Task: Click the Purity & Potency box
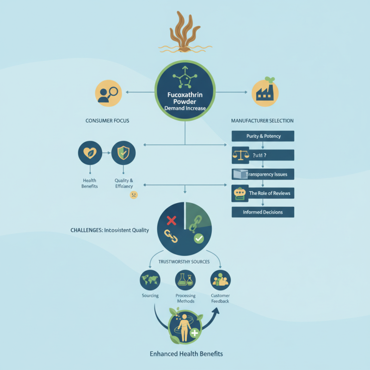click(x=263, y=136)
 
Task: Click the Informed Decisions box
click(x=263, y=212)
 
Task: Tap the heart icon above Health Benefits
click(x=91, y=153)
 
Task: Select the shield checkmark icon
click(x=123, y=153)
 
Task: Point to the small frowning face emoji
click(x=134, y=195)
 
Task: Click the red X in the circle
click(x=171, y=220)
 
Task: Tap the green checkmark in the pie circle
click(x=198, y=239)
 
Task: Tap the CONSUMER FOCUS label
click(x=107, y=121)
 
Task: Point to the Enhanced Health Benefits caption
click(x=186, y=354)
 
